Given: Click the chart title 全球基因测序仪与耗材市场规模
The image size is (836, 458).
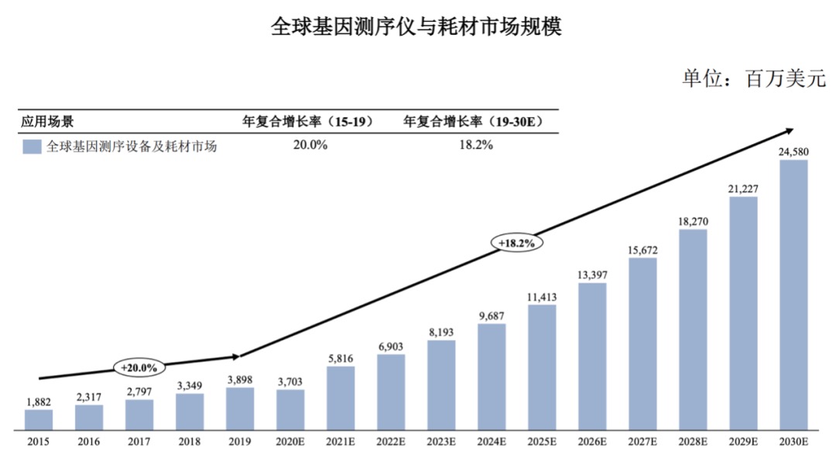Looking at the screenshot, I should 416,27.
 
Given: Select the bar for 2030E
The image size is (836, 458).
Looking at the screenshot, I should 793,294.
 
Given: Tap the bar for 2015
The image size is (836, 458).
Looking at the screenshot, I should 39,419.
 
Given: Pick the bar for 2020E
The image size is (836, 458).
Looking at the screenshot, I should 290,409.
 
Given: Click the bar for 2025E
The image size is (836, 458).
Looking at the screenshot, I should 542,367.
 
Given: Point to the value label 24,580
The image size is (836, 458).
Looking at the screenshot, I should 793,152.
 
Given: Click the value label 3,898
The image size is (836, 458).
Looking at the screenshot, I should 240,379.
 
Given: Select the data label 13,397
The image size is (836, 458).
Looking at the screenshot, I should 592,274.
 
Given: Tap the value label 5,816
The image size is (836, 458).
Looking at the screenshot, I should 341,358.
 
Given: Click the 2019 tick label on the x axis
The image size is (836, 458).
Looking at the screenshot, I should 240,443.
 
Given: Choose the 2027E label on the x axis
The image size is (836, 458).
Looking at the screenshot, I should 642,443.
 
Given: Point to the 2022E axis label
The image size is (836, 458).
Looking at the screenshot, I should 391,443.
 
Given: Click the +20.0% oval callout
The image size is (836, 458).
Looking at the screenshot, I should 139,367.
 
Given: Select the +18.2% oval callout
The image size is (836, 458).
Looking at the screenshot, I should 516,243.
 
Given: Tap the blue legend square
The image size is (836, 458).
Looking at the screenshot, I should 32,146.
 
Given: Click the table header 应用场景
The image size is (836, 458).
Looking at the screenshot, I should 47,122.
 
